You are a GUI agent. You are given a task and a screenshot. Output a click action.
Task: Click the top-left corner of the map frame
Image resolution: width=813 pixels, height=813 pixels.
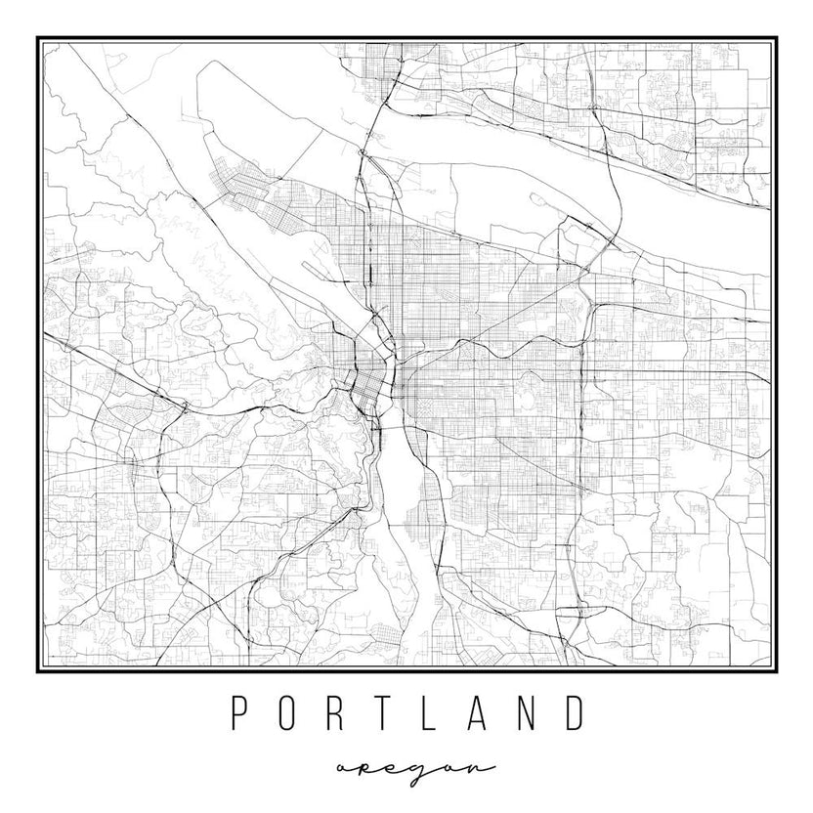38,38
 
